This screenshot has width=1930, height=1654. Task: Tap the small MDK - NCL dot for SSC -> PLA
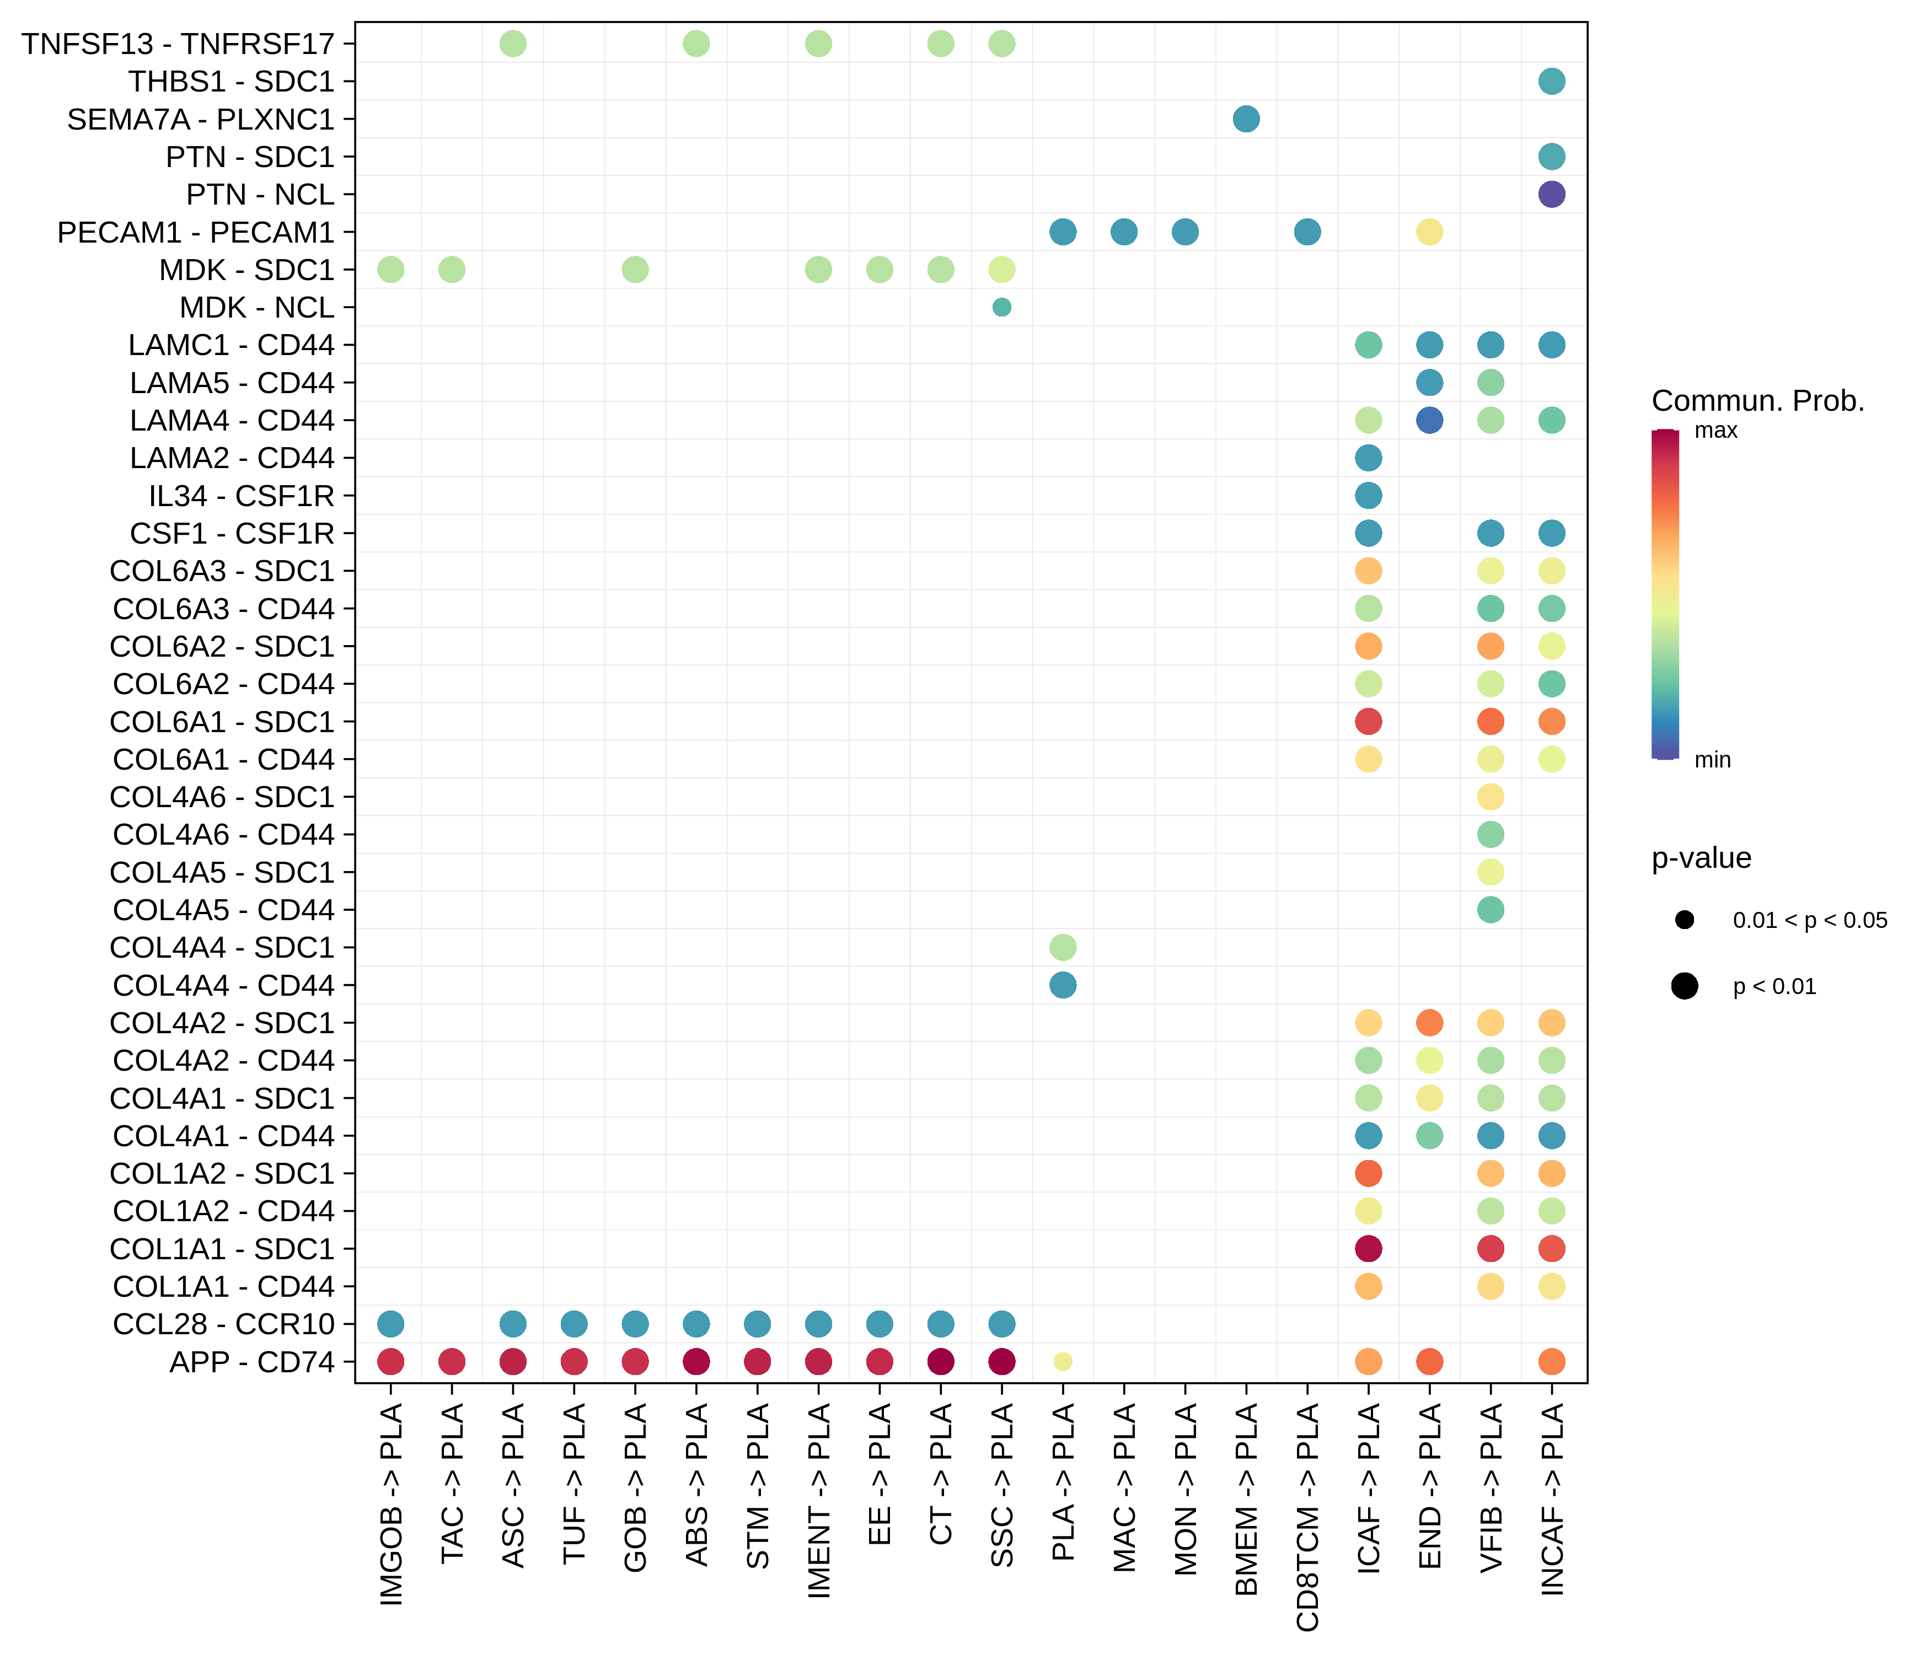click(x=1001, y=307)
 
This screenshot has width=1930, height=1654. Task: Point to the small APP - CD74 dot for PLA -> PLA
click(x=1063, y=1362)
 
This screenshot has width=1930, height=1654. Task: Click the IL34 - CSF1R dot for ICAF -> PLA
click(x=1368, y=496)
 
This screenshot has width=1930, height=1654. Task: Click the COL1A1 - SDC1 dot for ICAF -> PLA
click(x=1368, y=1248)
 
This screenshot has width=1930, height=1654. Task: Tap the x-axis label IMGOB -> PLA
click(x=391, y=1504)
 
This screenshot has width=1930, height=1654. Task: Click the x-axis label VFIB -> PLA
click(x=1491, y=1487)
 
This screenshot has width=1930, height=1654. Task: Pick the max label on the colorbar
click(x=1715, y=430)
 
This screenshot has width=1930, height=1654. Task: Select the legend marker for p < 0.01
click(x=1684, y=986)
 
